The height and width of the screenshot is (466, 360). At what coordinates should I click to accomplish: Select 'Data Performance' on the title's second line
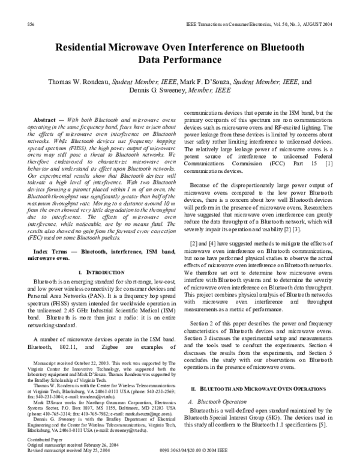tap(180, 60)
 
